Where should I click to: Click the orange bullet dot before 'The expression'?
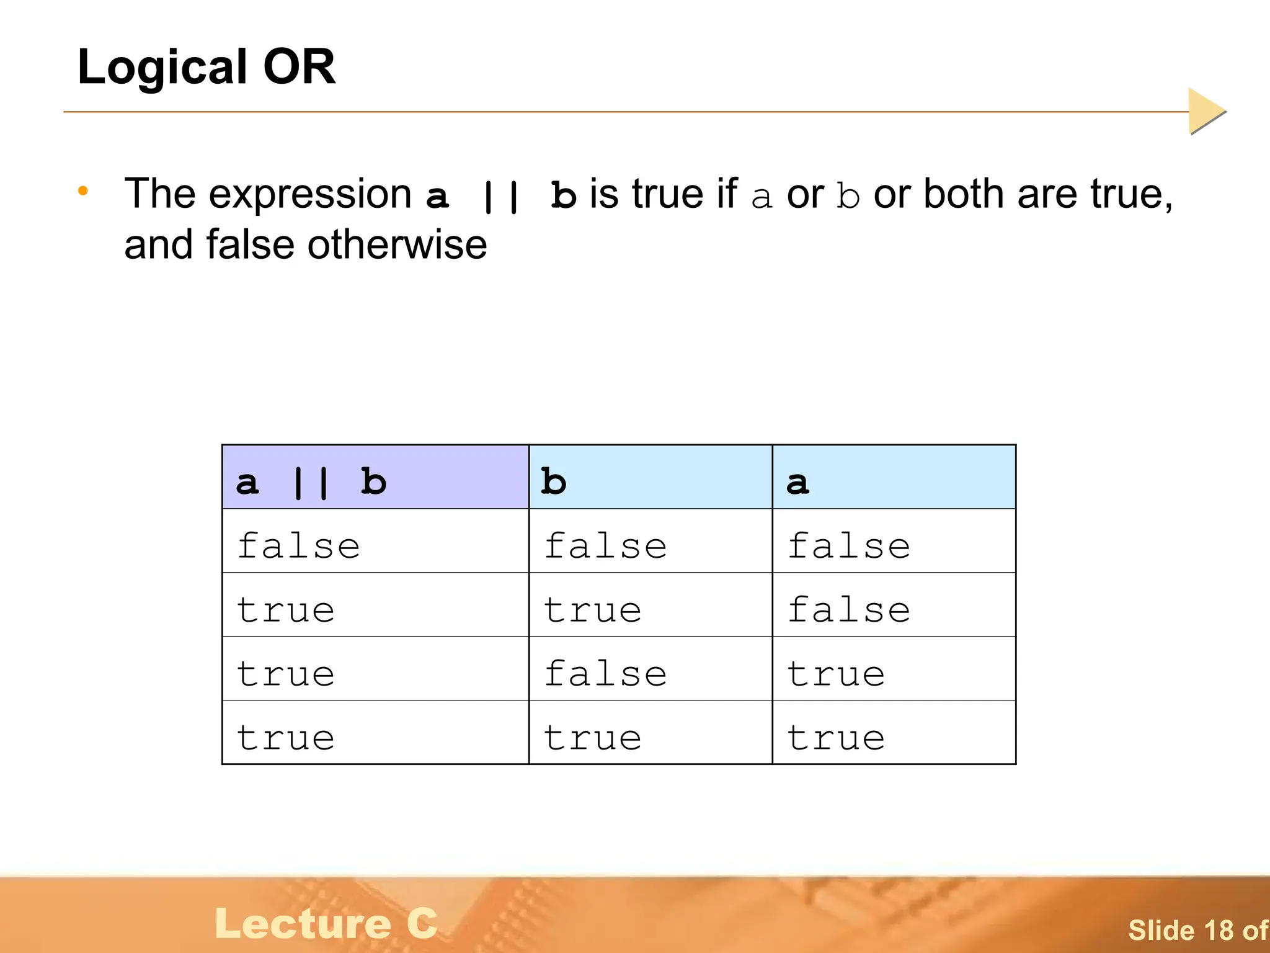point(83,191)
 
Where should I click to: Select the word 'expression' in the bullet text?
point(310,195)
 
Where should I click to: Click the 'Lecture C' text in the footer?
point(326,923)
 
